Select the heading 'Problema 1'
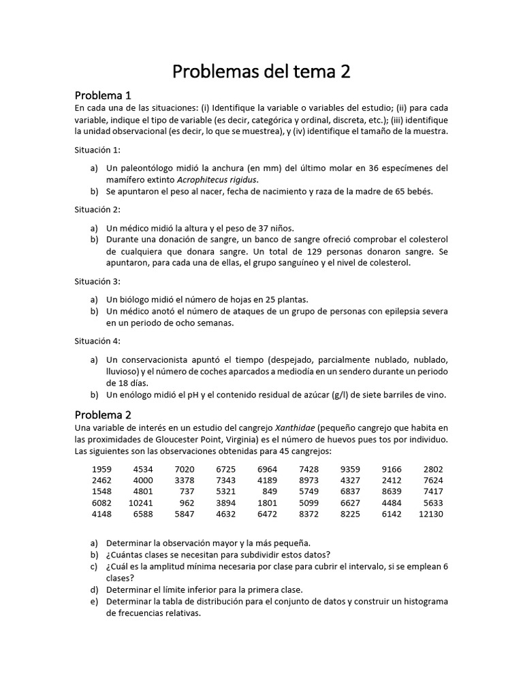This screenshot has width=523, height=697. [103, 95]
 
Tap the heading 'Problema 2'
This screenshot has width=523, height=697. [103, 415]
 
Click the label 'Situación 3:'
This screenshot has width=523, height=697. [97, 281]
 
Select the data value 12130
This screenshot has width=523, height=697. [430, 514]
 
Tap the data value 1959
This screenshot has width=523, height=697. [101, 469]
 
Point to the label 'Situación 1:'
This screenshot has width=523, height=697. [97, 150]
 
